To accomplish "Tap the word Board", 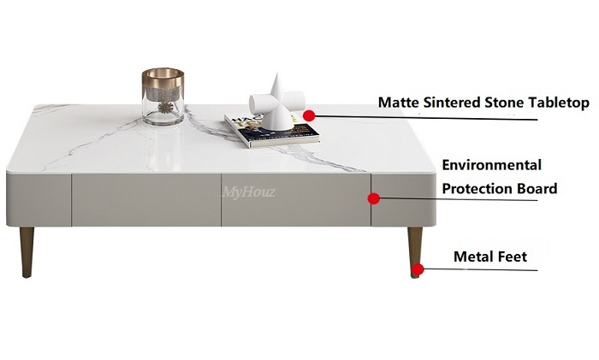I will [x=540, y=189].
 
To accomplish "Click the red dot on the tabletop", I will [x=310, y=113].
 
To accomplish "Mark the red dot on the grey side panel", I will [x=373, y=198].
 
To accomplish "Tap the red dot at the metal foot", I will [x=417, y=270].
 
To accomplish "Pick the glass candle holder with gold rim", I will [x=163, y=97].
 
